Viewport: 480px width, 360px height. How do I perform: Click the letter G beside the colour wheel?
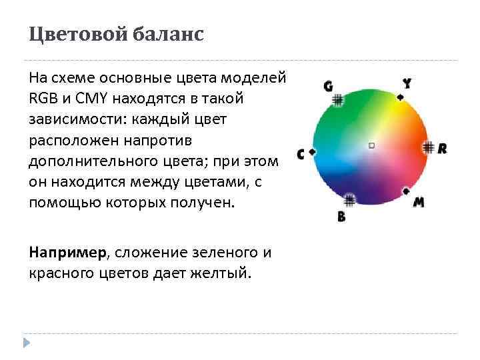pos(328,86)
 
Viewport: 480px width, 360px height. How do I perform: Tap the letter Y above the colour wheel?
pos(407,83)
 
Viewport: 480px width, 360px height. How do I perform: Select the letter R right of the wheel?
pos(442,148)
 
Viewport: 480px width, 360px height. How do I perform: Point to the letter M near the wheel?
pos(419,202)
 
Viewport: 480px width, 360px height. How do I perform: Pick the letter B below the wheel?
pos(341,217)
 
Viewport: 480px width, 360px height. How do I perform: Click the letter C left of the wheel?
pos(300,154)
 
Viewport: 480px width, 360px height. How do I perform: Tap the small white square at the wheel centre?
pos(371,145)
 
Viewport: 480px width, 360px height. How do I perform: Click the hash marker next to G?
pos(338,100)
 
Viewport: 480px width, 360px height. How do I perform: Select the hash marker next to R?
pos(428,147)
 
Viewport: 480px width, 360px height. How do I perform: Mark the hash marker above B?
pos(350,199)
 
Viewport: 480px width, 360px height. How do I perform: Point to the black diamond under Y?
pos(400,97)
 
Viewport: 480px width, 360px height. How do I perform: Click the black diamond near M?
pos(406,191)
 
